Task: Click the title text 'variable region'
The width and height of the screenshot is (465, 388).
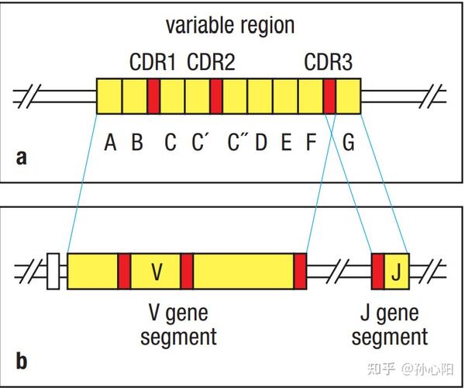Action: coord(230,25)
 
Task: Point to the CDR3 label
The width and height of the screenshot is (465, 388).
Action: coord(329,61)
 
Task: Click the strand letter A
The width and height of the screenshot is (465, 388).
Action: coord(111,143)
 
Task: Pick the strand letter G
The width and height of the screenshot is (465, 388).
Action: coord(348,143)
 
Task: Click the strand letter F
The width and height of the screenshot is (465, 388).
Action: coord(312,143)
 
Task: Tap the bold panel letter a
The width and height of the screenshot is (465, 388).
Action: coord(21,158)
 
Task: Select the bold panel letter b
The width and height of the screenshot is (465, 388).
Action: coord(22,361)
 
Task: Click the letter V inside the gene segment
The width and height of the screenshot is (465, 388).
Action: coord(157,272)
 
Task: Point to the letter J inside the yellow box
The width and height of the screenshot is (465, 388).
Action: coord(395,272)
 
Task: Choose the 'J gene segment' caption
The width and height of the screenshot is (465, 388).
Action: coord(389,325)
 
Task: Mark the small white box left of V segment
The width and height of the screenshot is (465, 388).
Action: coord(53,272)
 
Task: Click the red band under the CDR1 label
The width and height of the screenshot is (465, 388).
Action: coord(153,96)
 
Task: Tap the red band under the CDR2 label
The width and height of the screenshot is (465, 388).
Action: coord(216,96)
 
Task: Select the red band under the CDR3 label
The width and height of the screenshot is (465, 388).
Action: coord(329,96)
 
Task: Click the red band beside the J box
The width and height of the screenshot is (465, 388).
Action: coord(378,272)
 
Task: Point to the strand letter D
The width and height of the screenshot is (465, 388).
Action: coord(261,143)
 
